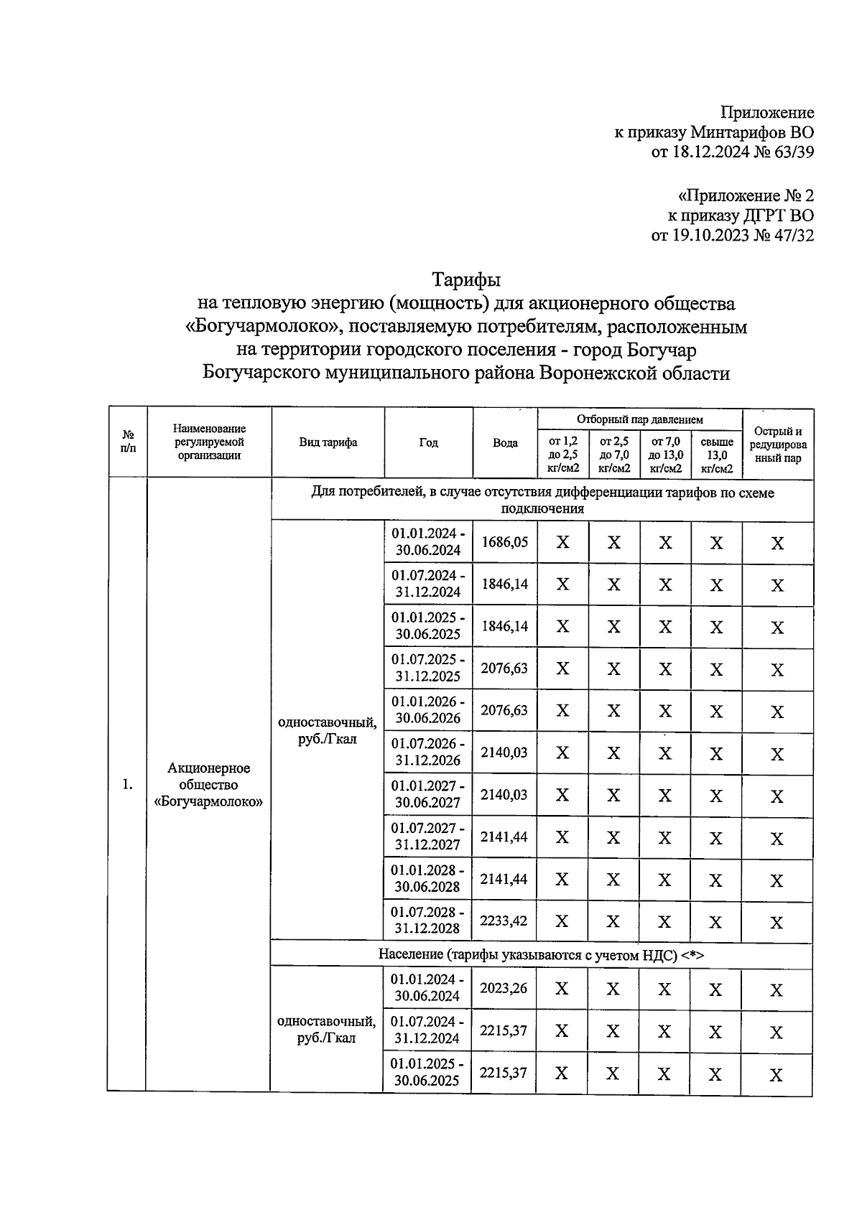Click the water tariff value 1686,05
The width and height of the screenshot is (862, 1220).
[x=504, y=542]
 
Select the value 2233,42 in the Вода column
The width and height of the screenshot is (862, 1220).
[x=504, y=921]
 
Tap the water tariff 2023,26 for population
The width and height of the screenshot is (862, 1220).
[x=504, y=988]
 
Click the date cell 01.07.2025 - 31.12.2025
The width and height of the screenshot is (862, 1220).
[x=428, y=668]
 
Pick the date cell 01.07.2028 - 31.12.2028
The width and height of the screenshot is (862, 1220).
[x=427, y=920]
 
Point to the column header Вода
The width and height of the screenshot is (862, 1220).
[x=505, y=442]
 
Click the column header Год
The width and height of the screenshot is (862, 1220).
[x=428, y=442]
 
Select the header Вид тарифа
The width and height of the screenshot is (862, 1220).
[x=328, y=442]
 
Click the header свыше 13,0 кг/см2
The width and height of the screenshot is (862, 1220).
[x=716, y=455]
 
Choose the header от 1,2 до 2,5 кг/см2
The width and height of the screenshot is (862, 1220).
[x=562, y=455]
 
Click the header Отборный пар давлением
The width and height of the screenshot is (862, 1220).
[x=639, y=419]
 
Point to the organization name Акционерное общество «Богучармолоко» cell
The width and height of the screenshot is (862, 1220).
[x=208, y=785]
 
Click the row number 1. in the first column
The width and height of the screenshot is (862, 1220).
[x=128, y=784]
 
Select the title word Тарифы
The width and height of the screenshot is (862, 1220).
[x=465, y=279]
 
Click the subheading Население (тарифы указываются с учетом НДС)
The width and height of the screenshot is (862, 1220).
[x=542, y=955]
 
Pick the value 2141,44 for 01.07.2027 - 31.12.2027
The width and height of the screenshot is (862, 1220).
[x=504, y=837]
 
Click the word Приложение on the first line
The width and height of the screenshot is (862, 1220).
[x=767, y=113]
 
